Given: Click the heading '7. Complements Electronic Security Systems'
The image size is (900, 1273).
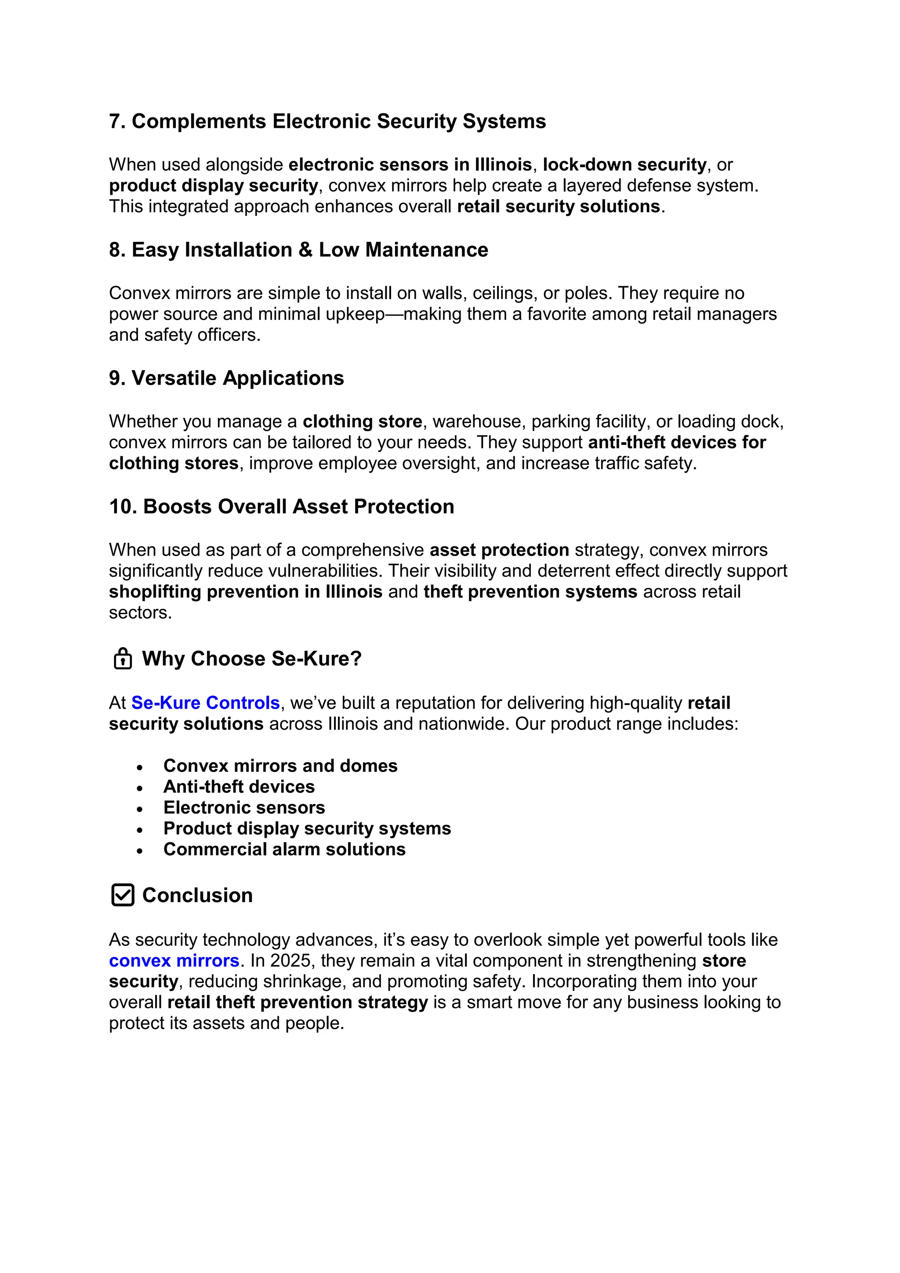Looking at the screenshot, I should [327, 121].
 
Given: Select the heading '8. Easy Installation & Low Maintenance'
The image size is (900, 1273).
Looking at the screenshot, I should [298, 250].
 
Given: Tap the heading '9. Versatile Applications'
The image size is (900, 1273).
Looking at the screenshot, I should [226, 378].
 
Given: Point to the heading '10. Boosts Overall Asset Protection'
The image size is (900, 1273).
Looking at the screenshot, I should [282, 507].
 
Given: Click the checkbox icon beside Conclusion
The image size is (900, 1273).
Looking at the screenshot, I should [123, 895].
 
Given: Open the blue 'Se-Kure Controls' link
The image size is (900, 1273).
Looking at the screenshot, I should [205, 703].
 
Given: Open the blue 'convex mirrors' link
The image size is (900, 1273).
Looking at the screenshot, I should [174, 960].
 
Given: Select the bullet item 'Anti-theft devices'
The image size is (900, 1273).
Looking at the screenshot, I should [239, 787].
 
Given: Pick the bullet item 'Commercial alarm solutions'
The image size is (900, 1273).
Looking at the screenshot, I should [284, 849].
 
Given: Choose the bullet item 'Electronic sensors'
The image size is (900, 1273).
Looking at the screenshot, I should [244, 808].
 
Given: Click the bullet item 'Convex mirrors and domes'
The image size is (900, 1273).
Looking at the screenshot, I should [280, 766].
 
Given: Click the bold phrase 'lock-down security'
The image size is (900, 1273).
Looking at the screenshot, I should [624, 165].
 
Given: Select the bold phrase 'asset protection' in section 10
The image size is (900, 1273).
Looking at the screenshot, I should [499, 550].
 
